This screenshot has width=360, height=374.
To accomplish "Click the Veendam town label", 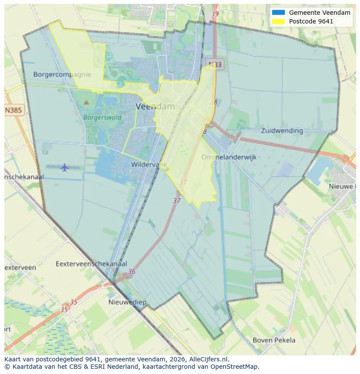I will [x=155, y=106].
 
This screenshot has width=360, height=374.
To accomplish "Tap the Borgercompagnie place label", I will [x=62, y=74].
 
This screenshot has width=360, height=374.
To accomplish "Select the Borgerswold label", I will [x=102, y=117].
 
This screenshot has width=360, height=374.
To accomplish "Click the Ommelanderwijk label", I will [x=229, y=157].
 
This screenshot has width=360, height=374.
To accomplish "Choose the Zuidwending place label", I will [x=282, y=130].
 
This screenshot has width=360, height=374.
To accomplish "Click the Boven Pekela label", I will [x=274, y=340].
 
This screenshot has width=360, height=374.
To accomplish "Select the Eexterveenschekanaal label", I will [x=91, y=264].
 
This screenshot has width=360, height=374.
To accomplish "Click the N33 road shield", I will [x=215, y=65].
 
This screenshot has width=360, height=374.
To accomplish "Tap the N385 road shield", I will [x=13, y=110].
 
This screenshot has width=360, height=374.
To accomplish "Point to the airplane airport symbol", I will [x=65, y=167].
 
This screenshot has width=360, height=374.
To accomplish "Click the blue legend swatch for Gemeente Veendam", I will [x=279, y=13].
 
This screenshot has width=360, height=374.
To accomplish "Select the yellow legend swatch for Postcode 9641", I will [x=279, y=21].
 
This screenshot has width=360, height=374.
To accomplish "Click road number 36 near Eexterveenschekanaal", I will [x=132, y=272].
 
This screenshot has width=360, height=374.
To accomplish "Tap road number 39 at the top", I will [x=215, y=14].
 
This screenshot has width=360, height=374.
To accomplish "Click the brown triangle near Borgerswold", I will [x=86, y=103].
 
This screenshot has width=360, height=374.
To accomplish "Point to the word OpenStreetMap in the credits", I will [x=236, y=367].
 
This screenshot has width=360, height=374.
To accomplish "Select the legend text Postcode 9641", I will [x=311, y=21].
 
